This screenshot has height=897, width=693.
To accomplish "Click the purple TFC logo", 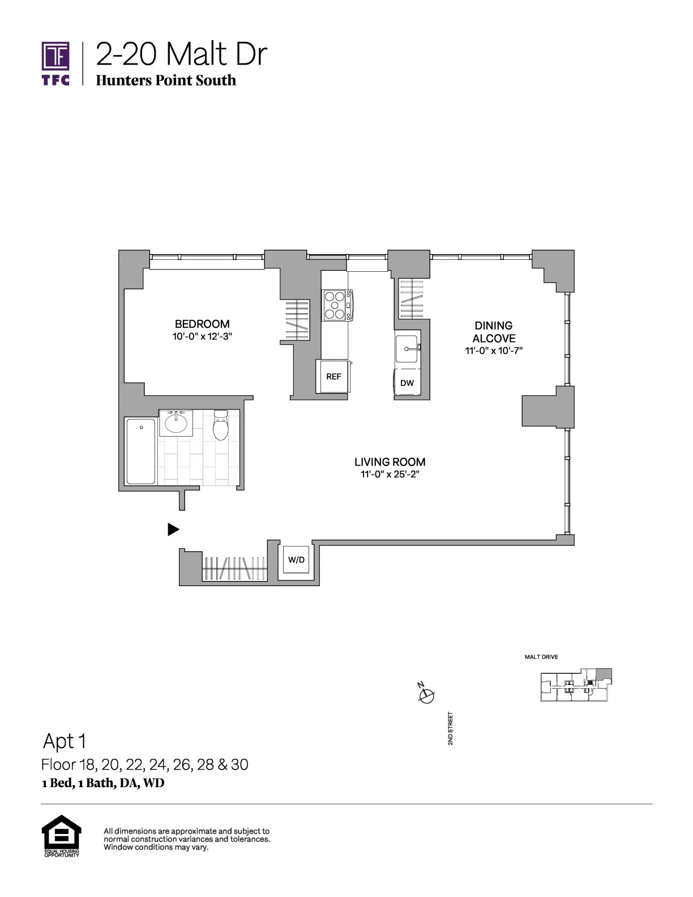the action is pyautogui.click(x=55, y=63).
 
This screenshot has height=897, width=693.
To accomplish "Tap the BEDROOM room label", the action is pyautogui.click(x=202, y=324).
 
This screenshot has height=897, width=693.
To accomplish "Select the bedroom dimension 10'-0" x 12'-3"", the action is pyautogui.click(x=202, y=336).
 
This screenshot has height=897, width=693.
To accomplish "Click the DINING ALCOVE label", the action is pyautogui.click(x=494, y=332).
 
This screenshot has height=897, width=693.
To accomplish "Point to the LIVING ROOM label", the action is pyautogui.click(x=390, y=462).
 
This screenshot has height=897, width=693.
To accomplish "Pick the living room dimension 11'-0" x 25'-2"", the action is pyautogui.click(x=390, y=475).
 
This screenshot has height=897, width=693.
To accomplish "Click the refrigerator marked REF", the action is pyautogui.click(x=333, y=377).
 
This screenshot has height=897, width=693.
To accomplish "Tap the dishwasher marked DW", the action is pyautogui.click(x=407, y=383).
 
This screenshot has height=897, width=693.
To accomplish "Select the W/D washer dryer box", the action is pyautogui.click(x=296, y=559).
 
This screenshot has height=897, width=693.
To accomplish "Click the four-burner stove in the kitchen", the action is pyautogui.click(x=336, y=305).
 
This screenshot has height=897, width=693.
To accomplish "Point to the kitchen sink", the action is pyautogui.click(x=407, y=349).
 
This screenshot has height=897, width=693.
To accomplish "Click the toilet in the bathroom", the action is pyautogui.click(x=220, y=425).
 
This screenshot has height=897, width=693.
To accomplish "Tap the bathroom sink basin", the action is pyautogui.click(x=176, y=422).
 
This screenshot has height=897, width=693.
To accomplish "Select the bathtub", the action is pyautogui.click(x=141, y=451).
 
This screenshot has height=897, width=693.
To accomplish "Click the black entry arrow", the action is pyautogui.click(x=173, y=529).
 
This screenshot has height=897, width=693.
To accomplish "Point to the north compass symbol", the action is pyautogui.click(x=426, y=694).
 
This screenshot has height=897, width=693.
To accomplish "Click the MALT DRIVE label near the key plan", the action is pyautogui.click(x=541, y=657).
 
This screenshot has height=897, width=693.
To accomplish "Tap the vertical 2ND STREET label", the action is pyautogui.click(x=450, y=729).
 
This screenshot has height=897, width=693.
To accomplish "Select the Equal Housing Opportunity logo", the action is pyautogui.click(x=62, y=836).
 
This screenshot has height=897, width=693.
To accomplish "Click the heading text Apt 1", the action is pyautogui.click(x=65, y=741).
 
